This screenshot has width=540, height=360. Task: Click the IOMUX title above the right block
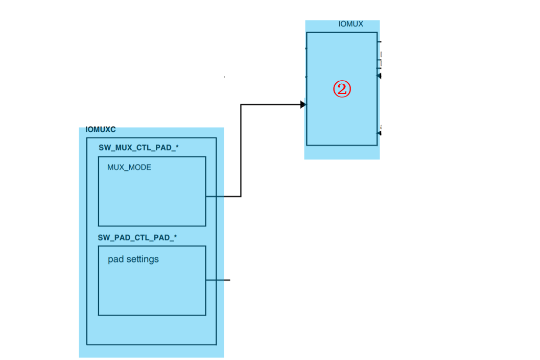pyautogui.click(x=350, y=24)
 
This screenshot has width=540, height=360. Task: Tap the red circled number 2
pyautogui.click(x=342, y=89)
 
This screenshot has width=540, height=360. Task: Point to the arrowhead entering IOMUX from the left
pyautogui.click(x=303, y=105)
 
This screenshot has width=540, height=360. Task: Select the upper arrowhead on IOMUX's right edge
pyautogui.click(x=380, y=76)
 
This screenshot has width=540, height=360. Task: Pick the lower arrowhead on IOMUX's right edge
pyautogui.click(x=380, y=133)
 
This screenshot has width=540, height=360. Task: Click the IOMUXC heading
pyautogui.click(x=101, y=130)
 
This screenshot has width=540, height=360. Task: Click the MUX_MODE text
pyautogui.click(x=129, y=167)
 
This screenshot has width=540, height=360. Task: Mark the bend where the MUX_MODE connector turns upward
pyautogui.click(x=241, y=196)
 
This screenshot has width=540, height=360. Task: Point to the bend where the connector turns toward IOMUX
pyautogui.click(x=241, y=105)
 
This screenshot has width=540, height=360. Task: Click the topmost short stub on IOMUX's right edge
pyautogui.click(x=379, y=41)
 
